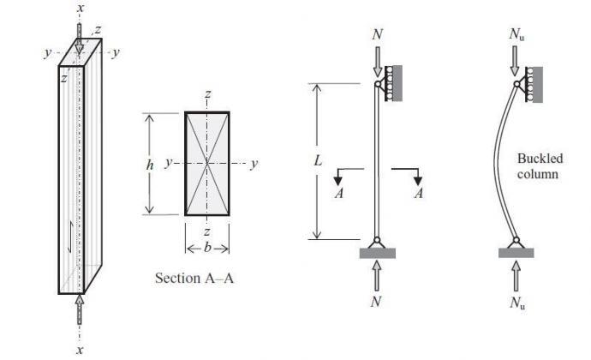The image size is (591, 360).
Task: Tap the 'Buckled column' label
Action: point(538,166)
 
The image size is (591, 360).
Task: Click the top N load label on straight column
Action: point(378,36)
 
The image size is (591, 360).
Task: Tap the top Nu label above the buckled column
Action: point(516,36)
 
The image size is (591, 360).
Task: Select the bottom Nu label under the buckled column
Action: point(516,303)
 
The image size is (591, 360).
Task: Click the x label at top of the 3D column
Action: point(81,9)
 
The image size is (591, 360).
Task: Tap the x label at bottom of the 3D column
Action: point(81,351)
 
